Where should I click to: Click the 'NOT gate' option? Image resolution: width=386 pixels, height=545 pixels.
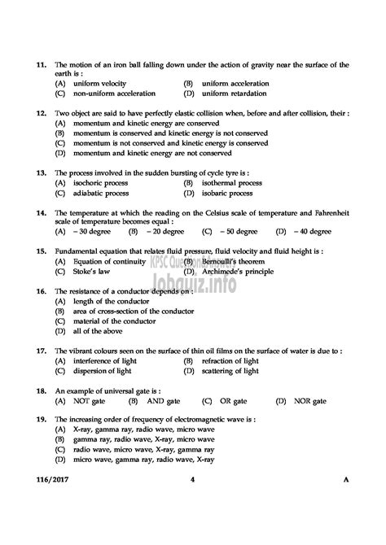pyautogui.click(x=89, y=401)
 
